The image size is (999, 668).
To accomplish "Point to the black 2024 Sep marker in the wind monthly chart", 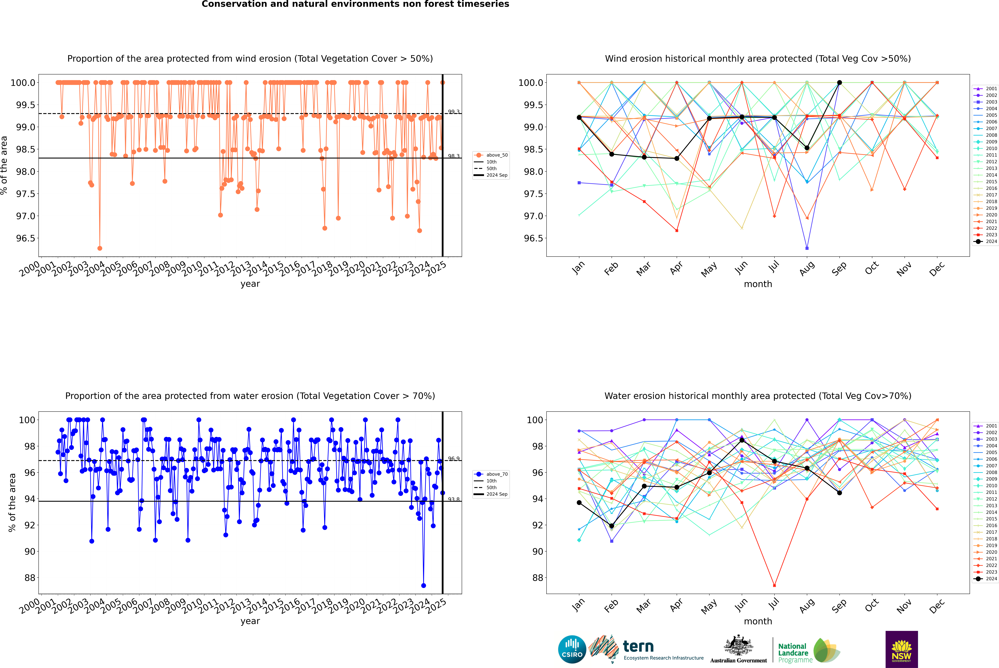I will click(x=839, y=83).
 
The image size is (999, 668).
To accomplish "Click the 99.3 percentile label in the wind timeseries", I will click(x=453, y=112).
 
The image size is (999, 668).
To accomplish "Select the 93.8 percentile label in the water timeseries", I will click(x=453, y=499).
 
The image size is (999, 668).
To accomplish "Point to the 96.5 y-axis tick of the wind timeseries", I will click(x=26, y=238).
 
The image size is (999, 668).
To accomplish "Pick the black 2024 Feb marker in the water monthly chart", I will click(x=611, y=526).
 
